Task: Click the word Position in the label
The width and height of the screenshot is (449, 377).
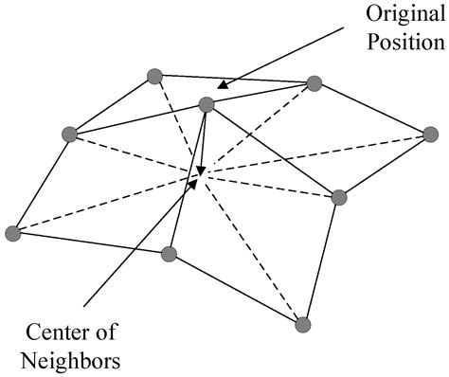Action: [x=398, y=44]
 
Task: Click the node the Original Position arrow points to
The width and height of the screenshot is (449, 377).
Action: [x=207, y=103]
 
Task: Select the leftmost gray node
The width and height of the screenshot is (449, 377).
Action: [x=12, y=232]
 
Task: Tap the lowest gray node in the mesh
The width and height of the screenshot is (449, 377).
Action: [x=303, y=325]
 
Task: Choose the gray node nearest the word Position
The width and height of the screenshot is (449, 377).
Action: [x=314, y=83]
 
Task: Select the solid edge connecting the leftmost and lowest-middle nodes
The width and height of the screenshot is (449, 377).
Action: [x=90, y=243]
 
